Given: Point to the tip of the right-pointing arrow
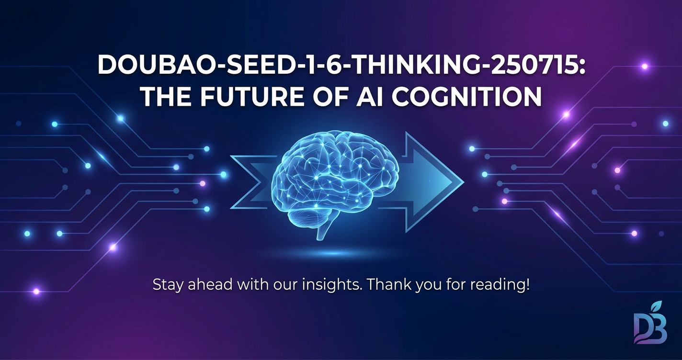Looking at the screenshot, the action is tap(464, 182).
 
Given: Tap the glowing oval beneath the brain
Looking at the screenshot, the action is tap(333, 253).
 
